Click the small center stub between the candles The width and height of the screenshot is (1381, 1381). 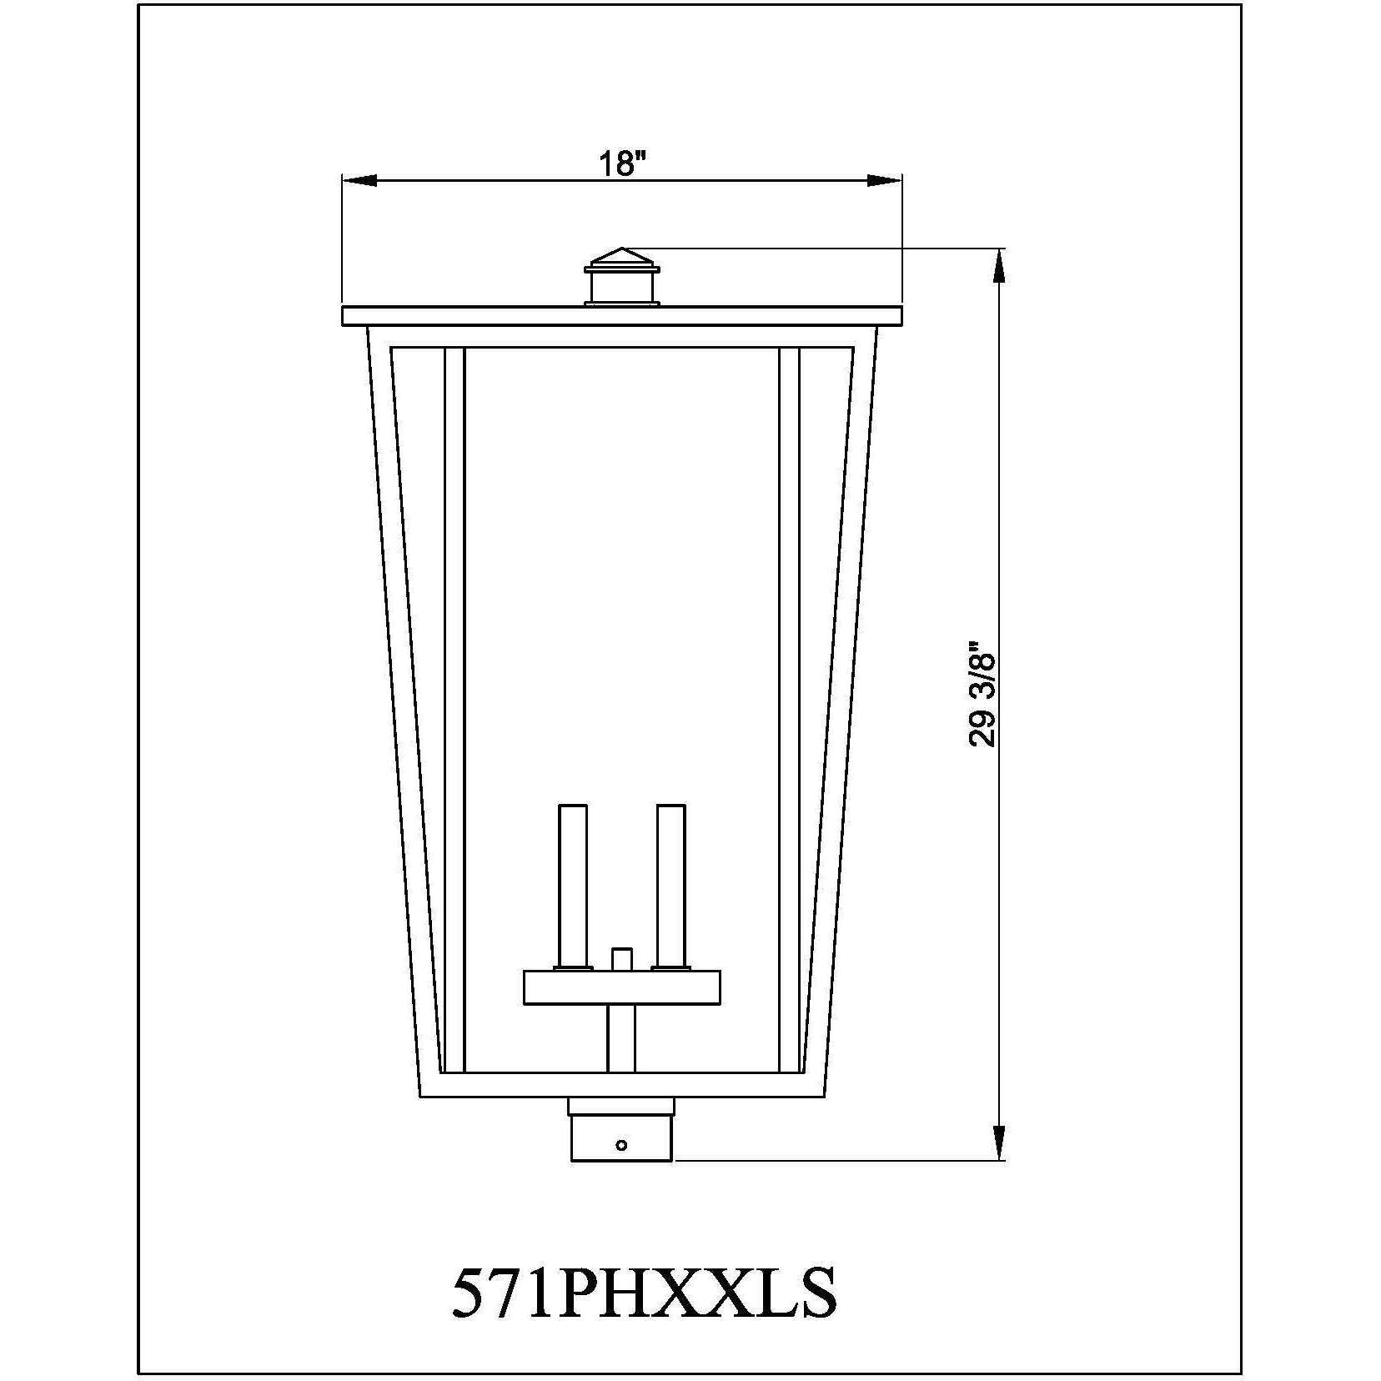[621, 958]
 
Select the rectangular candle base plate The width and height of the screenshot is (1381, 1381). [621, 987]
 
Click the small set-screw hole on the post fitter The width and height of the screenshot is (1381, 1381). [621, 1145]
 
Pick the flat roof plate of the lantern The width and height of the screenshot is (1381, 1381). [621, 316]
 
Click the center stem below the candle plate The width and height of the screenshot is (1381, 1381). [621, 1038]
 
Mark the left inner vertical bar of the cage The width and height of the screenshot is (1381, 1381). [454, 709]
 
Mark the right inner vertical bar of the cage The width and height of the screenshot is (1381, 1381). [789, 709]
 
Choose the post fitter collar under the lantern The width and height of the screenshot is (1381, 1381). [621, 1130]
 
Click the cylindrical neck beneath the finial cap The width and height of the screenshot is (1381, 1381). [621, 289]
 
